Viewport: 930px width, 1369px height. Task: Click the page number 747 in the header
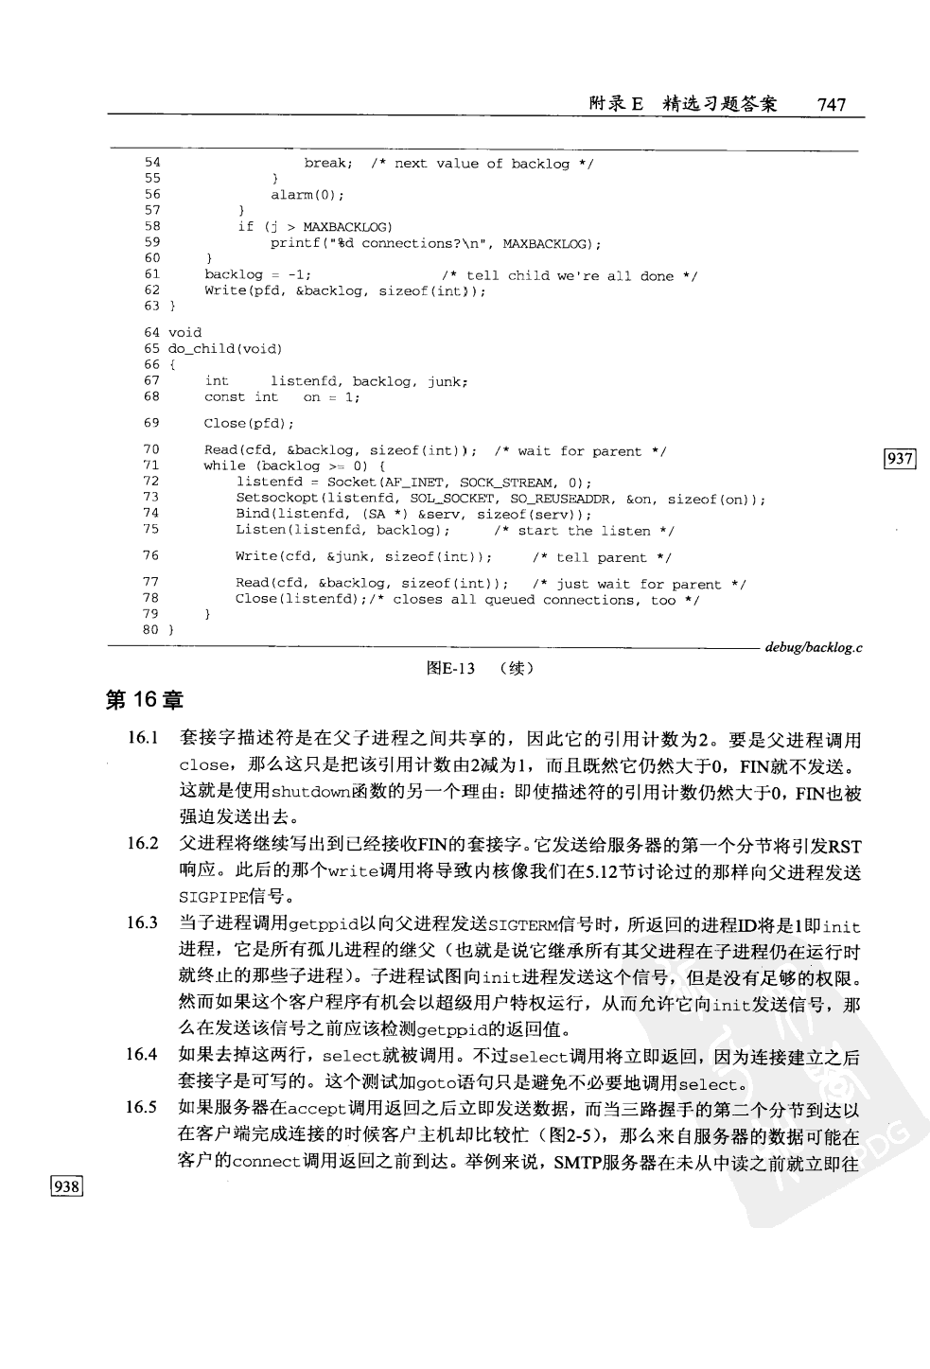click(x=831, y=104)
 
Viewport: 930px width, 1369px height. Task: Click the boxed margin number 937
click(x=899, y=459)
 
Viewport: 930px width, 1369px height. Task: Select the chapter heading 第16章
click(x=144, y=700)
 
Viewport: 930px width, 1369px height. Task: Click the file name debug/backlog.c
click(x=813, y=648)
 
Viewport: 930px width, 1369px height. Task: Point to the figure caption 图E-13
click(x=450, y=669)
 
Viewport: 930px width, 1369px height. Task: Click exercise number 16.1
click(x=143, y=738)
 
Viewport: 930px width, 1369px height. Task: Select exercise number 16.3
click(x=143, y=922)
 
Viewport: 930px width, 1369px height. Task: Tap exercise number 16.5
click(x=143, y=1108)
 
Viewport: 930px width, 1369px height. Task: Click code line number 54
click(x=152, y=163)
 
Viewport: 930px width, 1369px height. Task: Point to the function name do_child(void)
click(x=225, y=349)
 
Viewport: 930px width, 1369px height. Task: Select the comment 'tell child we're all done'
click(x=570, y=276)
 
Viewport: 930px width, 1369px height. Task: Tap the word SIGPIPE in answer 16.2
click(x=214, y=898)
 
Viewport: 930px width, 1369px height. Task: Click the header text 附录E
click(x=615, y=104)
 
